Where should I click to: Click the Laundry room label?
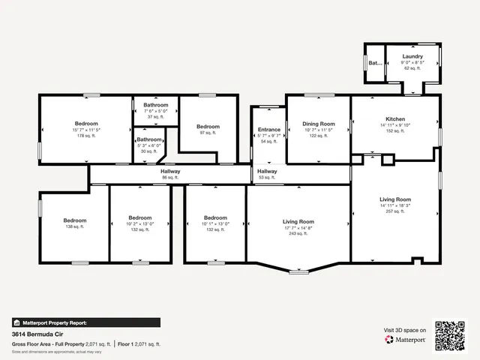click(x=412, y=56)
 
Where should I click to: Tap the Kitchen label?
click(x=395, y=119)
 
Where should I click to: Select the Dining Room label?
click(x=318, y=124)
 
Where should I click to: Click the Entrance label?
click(x=268, y=130)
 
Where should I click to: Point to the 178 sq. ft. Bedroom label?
click(x=86, y=124)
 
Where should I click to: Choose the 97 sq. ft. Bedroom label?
click(x=208, y=127)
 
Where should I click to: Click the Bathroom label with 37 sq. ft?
click(x=156, y=105)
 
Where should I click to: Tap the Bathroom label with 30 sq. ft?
click(x=149, y=139)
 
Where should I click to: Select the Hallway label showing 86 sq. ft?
click(x=170, y=172)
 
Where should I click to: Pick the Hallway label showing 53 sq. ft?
click(x=267, y=172)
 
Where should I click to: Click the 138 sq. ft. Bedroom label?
click(x=75, y=220)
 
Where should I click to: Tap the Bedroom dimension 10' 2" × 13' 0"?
click(x=140, y=223)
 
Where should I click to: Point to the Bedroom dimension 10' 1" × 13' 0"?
click(x=214, y=223)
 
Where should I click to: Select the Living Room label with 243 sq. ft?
click(x=298, y=222)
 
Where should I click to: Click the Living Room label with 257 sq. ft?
click(x=395, y=199)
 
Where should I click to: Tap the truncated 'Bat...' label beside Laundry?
click(x=374, y=63)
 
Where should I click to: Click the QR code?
click(x=451, y=335)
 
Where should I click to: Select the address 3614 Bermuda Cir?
click(x=38, y=334)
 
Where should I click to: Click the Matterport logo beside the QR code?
click(x=406, y=340)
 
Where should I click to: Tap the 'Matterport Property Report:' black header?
click(x=49, y=322)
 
